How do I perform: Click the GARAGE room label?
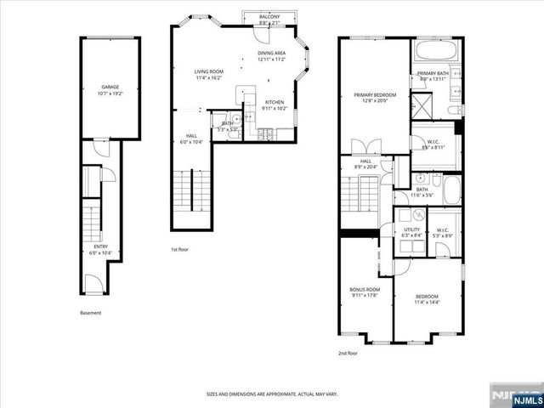110,87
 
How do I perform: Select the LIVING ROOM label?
207,72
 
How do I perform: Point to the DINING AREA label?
273,54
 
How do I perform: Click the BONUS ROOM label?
365,290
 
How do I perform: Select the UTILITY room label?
411,229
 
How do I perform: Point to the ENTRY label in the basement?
100,246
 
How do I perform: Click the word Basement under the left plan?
91,313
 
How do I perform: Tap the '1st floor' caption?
179,250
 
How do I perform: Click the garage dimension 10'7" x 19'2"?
110,93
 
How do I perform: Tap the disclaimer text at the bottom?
271,394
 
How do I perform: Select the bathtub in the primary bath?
434,52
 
